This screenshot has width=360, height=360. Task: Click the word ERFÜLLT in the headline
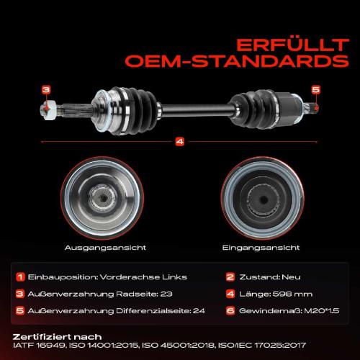coord(292,45)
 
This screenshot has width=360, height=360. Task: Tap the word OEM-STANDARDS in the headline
coord(237,61)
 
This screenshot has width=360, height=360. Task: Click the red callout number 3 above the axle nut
coord(46,90)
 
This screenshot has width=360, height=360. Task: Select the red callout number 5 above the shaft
coord(316,90)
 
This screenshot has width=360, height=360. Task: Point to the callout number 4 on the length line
coord(180,142)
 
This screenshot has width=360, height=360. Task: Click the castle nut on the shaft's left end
coord(49,110)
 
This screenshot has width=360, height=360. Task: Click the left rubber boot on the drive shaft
coord(139,110)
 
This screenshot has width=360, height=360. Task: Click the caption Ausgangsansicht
coord(105,248)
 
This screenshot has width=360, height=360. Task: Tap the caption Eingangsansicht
coord(261,248)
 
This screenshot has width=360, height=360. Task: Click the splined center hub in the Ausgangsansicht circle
coord(103,198)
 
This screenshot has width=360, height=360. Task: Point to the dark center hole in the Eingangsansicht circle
coord(264,199)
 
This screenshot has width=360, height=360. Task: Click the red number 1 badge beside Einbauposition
coord(20,277)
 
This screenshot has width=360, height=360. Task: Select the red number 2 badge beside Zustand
coord(230,277)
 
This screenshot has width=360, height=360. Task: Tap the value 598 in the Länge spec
coord(286,294)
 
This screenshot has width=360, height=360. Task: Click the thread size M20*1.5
coord(322,311)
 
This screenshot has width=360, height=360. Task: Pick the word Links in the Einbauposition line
coord(174,277)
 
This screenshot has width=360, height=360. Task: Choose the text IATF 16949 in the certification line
coord(39,346)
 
